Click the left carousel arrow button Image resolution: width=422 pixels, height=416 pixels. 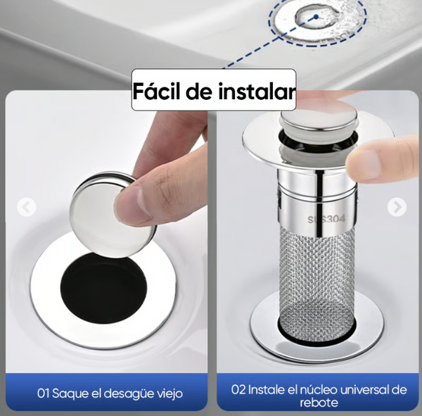click(27, 207)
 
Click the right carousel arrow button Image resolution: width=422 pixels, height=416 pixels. click(397, 207)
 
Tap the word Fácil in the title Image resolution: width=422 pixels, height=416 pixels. click(157, 91)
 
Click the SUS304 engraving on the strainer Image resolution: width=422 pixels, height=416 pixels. click(326, 219)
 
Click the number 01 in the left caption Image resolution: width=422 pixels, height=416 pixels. click(44, 393)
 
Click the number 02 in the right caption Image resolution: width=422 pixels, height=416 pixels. click(238, 390)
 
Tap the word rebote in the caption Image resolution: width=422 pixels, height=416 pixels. click(319, 403)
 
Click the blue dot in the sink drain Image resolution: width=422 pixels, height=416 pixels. click(316, 17)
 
